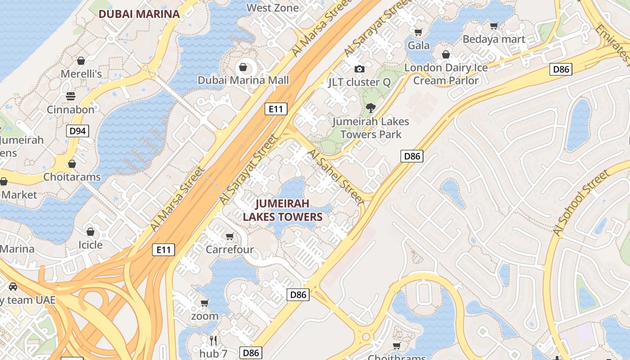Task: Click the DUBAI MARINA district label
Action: [x=139, y=14]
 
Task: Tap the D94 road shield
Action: [x=77, y=131]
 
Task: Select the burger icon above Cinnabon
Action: [x=71, y=96]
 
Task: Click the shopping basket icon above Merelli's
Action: [x=81, y=61]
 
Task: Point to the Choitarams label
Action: [x=72, y=177]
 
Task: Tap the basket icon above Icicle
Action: [x=90, y=232]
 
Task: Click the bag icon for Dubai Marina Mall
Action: [x=243, y=67]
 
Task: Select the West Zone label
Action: [x=273, y=8]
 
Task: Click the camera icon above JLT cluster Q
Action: [x=359, y=69]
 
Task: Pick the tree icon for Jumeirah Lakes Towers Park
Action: [x=371, y=108]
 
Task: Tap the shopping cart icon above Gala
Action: [x=418, y=32]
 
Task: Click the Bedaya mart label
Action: [x=494, y=39]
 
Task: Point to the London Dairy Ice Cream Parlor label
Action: [x=446, y=74]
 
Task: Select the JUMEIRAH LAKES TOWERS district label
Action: [x=283, y=210]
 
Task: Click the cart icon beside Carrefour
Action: [x=230, y=236]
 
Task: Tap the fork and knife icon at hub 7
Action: [x=213, y=340]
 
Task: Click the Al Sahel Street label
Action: [x=335, y=177]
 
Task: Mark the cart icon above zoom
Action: [x=204, y=303]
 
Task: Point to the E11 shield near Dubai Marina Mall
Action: [x=275, y=108]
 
